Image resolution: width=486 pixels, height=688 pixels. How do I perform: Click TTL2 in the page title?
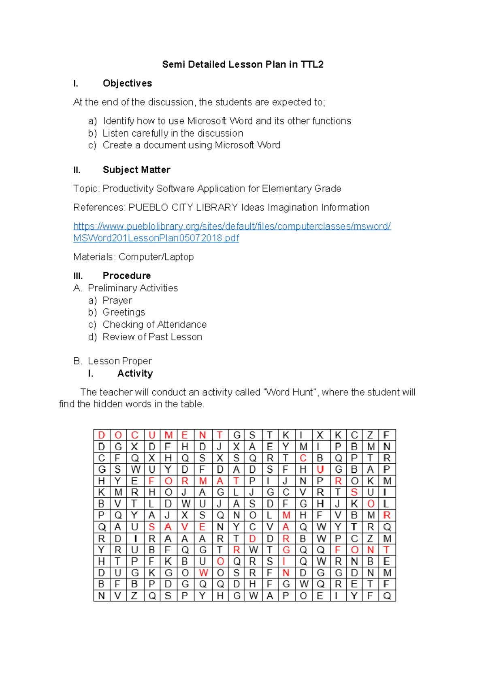coord(312,64)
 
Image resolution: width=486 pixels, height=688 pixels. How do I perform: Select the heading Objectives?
coord(127,83)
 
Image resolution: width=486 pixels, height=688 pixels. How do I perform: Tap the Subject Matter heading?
coord(136,170)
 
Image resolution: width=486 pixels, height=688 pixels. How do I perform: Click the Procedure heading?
coord(127,275)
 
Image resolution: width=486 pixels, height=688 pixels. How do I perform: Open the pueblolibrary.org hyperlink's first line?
coord(232,226)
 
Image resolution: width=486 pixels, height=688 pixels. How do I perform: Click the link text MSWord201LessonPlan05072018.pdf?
coord(156,238)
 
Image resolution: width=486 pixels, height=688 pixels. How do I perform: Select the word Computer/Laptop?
coord(156,257)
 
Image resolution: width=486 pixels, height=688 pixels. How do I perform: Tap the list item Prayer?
coord(117,300)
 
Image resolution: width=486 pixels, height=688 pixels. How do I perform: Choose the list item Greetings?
coord(124,312)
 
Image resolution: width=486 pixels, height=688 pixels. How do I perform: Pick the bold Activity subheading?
coord(135,373)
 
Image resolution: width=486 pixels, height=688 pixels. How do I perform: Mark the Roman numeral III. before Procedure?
coord(78,276)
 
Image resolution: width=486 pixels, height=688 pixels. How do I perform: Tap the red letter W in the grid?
coord(203,573)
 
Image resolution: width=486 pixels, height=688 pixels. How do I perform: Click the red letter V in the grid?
coord(185,527)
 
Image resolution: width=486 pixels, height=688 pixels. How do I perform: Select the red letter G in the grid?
coord(286,550)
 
